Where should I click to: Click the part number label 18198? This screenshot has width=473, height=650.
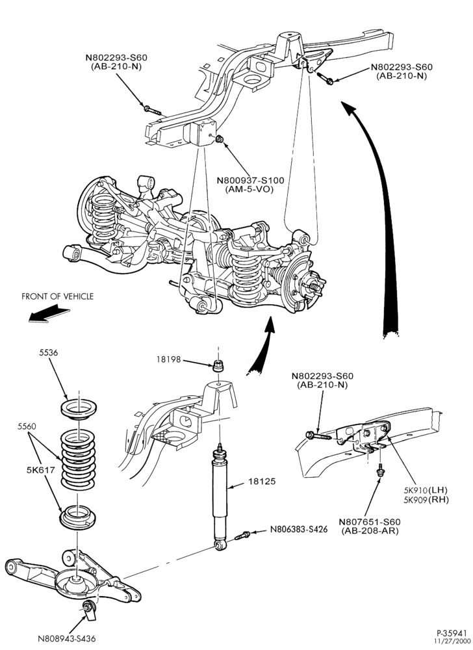(168, 359)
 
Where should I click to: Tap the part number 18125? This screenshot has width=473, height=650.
(262, 481)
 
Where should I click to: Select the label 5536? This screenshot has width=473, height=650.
(49, 353)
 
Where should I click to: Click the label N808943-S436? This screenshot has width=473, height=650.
(67, 638)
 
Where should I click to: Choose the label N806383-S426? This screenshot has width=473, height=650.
(299, 529)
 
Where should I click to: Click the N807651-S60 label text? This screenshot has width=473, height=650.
(370, 521)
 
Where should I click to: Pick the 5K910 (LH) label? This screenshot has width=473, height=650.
(426, 489)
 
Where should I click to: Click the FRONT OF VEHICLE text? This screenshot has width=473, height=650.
(57, 296)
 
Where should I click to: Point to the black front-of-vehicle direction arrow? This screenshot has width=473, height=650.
(49, 314)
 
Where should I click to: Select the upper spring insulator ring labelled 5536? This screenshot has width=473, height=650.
(78, 408)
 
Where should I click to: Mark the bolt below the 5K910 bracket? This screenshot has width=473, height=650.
(379, 471)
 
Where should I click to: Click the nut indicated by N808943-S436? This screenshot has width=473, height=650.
(87, 607)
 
